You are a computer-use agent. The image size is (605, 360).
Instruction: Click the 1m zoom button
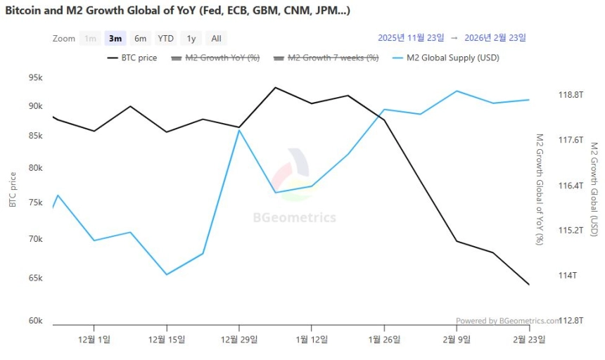[90, 39]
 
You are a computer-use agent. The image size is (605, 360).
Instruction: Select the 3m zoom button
[115, 39]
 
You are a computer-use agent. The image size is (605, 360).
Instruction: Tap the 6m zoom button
[141, 39]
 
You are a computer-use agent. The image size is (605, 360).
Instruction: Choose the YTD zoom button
[165, 39]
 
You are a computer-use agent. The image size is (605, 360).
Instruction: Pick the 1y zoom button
[191, 39]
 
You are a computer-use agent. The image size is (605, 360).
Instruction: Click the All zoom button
[216, 39]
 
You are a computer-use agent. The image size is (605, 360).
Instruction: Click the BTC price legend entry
[132, 58]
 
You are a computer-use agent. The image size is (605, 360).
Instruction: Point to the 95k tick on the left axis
[35, 77]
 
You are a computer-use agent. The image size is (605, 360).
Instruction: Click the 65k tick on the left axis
[35, 278]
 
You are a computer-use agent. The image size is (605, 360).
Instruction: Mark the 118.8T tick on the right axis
[571, 94]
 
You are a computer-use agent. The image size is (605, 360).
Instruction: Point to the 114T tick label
[567, 275]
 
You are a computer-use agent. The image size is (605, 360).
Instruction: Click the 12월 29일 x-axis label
[239, 339]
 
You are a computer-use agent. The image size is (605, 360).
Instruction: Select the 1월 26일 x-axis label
[384, 339]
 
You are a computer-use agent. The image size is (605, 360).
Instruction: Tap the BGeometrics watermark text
[294, 218]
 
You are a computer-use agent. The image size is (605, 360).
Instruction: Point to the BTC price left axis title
[13, 190]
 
